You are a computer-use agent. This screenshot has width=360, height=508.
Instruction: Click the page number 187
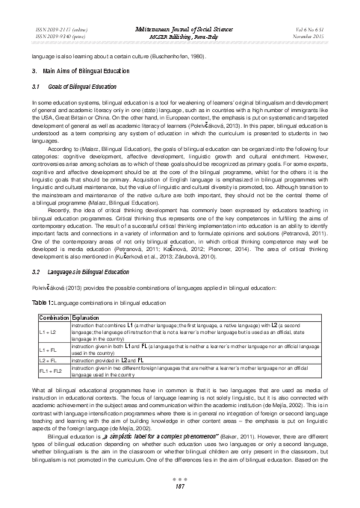coord(179,487)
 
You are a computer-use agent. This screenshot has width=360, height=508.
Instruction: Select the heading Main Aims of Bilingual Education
coord(80,71)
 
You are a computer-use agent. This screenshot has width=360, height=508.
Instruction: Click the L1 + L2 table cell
coord(46,331)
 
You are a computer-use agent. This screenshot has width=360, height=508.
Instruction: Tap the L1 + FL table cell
coord(46,348)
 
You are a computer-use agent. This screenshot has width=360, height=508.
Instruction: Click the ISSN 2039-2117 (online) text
coord(59,29)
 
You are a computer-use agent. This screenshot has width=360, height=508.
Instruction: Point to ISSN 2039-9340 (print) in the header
coord(58,36)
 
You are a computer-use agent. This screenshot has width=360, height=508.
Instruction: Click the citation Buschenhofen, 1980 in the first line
coord(182,56)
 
